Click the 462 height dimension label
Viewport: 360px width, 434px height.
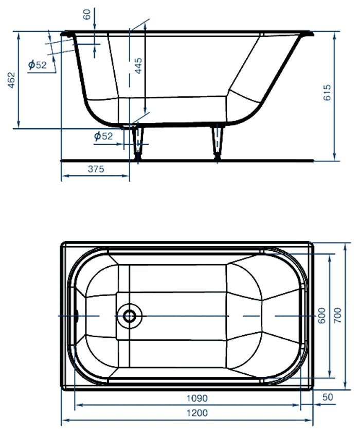click(x=11, y=80)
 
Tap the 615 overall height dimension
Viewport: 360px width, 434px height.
click(x=327, y=93)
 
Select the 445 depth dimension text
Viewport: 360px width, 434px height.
click(x=138, y=66)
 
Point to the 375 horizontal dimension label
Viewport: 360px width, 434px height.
click(x=96, y=169)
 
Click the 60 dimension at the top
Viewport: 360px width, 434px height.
click(x=87, y=14)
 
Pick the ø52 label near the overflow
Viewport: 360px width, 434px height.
click(x=38, y=65)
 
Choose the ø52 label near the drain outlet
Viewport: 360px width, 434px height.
click(x=103, y=136)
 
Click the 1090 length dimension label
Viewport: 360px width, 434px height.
click(x=197, y=398)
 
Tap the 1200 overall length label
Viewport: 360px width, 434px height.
click(x=197, y=413)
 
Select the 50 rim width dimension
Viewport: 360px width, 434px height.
click(x=328, y=397)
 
